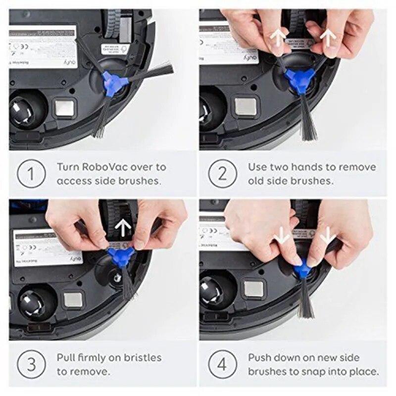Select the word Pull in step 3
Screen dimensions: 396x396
tap(66, 357)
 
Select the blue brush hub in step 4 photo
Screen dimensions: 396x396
tap(303, 269)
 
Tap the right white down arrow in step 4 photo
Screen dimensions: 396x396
tap(327, 238)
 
